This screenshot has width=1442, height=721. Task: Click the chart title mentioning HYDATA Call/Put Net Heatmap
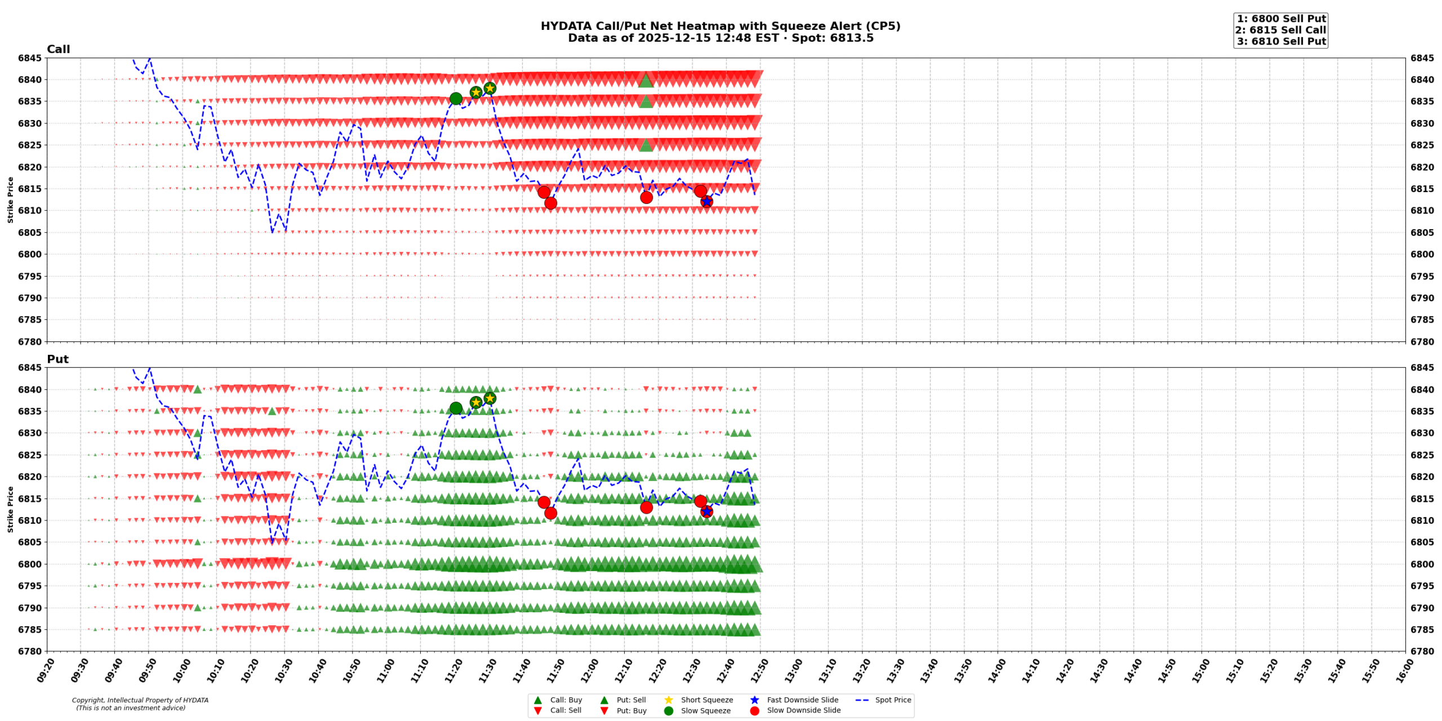tap(720, 26)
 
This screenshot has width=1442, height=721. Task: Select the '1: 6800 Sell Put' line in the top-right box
tap(1280, 19)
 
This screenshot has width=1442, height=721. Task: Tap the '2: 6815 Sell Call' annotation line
tap(1280, 30)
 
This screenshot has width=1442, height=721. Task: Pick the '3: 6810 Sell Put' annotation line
tap(1281, 41)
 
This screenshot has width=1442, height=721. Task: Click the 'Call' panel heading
tap(58, 49)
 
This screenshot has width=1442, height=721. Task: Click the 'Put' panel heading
tap(57, 359)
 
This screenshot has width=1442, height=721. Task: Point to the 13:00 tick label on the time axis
tap(792, 670)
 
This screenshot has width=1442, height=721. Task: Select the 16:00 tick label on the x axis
tap(1403, 670)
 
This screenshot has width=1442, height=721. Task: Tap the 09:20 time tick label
tap(46, 670)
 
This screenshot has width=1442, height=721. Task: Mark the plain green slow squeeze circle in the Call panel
tap(456, 99)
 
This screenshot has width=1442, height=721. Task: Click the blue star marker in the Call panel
tap(706, 202)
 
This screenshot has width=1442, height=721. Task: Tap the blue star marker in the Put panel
tap(706, 511)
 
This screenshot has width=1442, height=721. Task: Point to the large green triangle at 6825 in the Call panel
tap(646, 145)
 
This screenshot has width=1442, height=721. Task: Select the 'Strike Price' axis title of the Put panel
tap(10, 509)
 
